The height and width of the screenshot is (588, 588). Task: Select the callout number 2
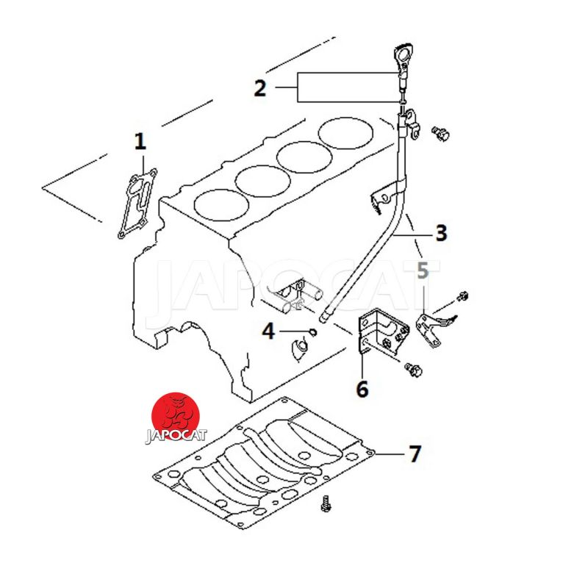[259, 89]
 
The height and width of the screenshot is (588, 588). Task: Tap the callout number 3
[440, 233]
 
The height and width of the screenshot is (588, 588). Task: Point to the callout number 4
[268, 331]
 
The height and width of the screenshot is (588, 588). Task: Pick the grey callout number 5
[423, 270]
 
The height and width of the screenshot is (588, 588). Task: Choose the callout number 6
[362, 388]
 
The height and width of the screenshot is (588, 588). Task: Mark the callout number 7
[415, 454]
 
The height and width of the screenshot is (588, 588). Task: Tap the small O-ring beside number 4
[313, 332]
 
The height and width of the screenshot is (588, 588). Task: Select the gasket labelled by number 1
[137, 205]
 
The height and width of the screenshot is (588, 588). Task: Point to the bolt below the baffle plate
[326, 504]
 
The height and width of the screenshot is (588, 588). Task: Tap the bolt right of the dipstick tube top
[440, 133]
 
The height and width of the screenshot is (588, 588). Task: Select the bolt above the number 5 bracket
[462, 297]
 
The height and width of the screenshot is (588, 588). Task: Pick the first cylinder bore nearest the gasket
[220, 204]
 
